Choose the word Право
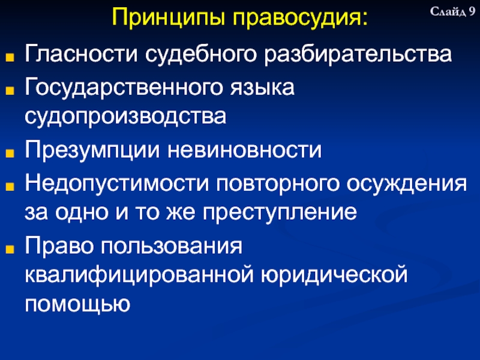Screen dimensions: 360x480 [x=58, y=245]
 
